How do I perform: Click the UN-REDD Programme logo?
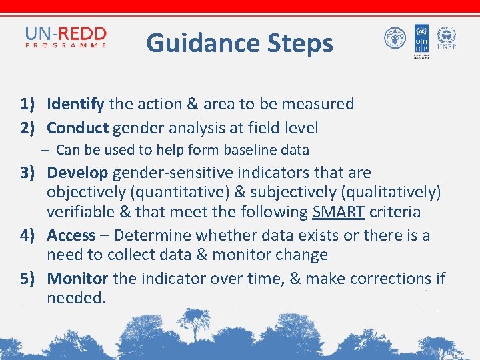65,37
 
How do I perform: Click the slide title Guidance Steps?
239,43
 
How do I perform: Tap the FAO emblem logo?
395,38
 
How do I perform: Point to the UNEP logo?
446,38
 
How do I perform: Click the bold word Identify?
75,104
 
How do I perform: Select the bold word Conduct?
77,127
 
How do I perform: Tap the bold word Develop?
77,173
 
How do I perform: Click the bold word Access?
71,235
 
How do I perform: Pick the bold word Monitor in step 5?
78,279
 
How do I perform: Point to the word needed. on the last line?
77,298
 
